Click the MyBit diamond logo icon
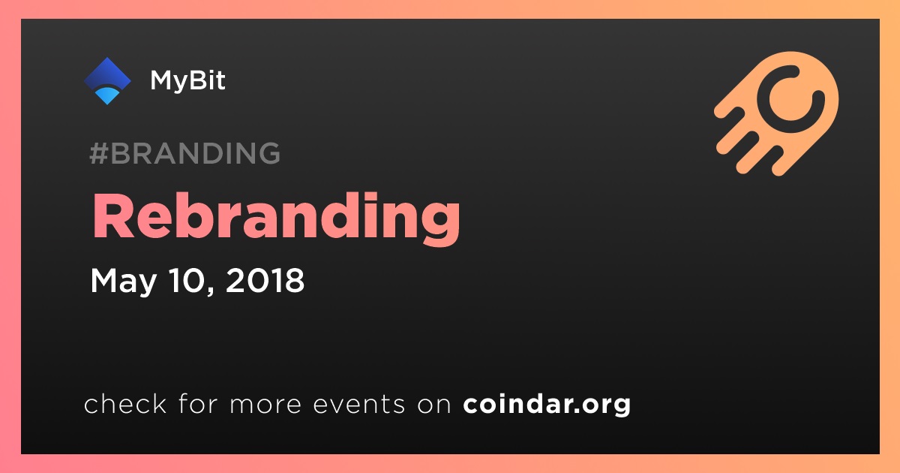pos(107,81)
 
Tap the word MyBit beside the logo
pos(187,80)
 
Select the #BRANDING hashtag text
pos(184,153)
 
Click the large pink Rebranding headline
pos(276,218)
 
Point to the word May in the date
pos(123,281)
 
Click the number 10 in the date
pos(187,280)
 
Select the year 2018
pos(265,280)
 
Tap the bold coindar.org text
pos(547,404)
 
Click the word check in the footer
pos(125,403)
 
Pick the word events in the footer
pos(359,404)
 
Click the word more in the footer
pos(265,405)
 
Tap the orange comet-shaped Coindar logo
pos(776,113)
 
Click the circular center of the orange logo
pos(790,99)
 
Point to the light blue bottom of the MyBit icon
pos(107,96)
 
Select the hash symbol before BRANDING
pos(99,153)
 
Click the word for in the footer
pos(198,403)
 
